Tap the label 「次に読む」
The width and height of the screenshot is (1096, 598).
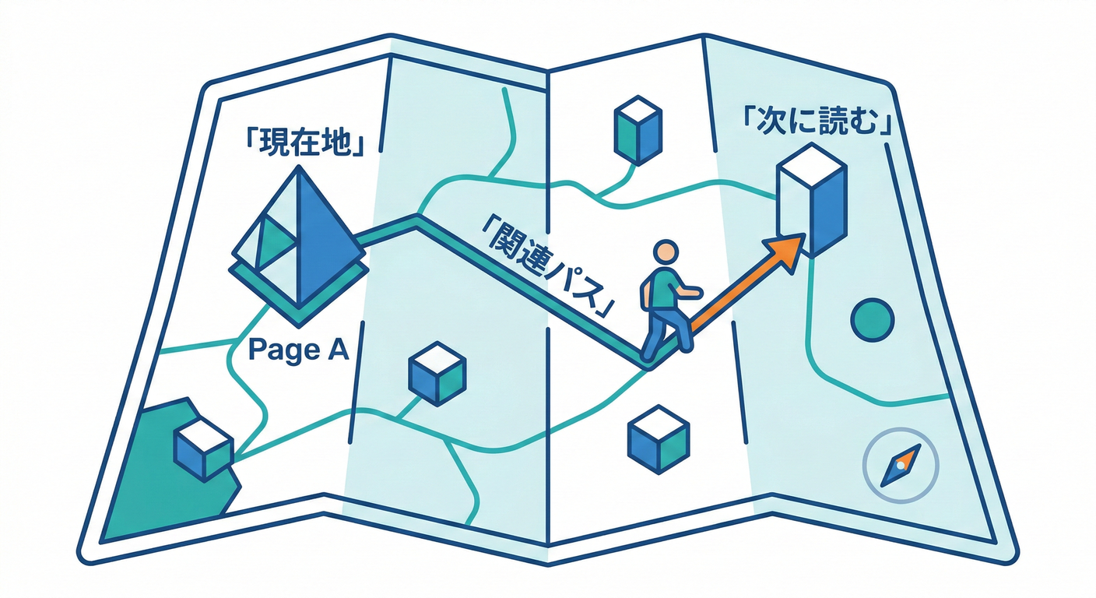coord(817,125)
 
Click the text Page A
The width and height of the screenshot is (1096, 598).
coord(297,351)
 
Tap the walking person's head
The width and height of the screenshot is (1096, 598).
coord(666,253)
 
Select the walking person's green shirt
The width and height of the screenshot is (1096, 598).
coord(664,288)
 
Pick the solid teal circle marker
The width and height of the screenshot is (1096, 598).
coord(872,319)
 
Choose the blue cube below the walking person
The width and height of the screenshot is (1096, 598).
coord(659,440)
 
